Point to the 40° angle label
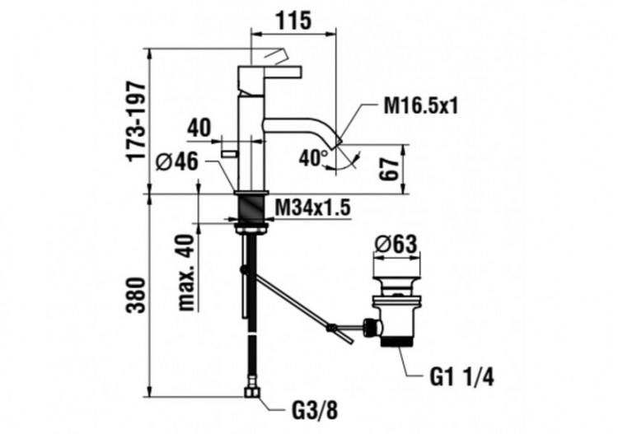[311, 157]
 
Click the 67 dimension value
[391, 170]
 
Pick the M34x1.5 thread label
[312, 208]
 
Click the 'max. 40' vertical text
[185, 272]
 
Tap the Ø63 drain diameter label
[398, 245]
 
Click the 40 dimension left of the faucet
[199, 128]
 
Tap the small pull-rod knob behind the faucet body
[228, 155]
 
